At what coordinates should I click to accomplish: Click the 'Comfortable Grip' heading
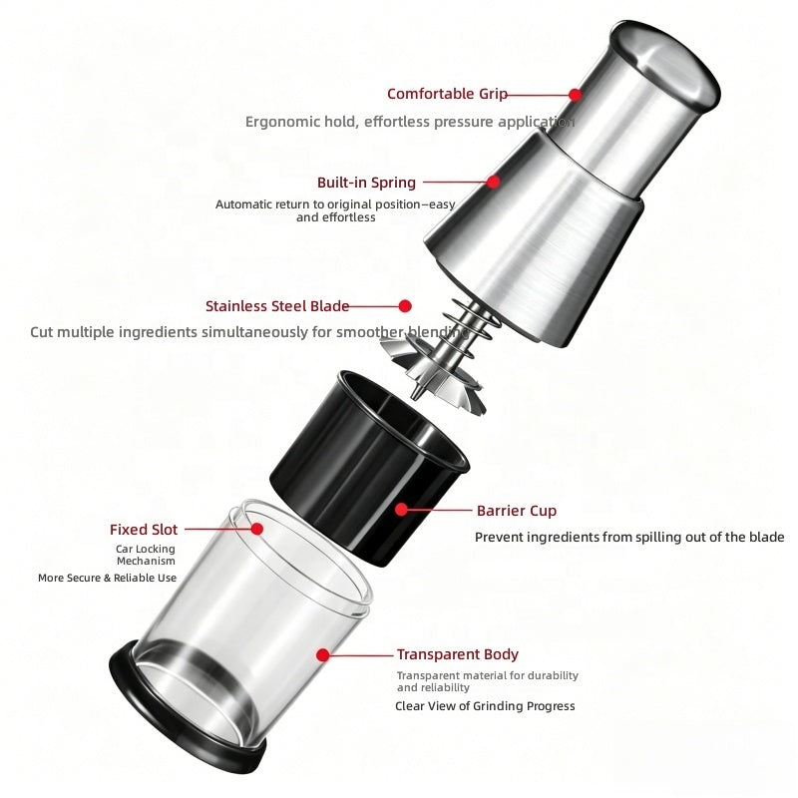447,94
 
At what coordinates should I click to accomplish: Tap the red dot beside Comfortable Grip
576,95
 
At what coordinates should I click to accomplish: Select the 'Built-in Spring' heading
366,183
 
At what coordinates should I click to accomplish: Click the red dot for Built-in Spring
493,182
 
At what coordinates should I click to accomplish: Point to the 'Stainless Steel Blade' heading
277,306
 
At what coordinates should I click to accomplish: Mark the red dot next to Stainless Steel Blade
405,306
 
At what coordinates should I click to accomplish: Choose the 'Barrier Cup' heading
517,511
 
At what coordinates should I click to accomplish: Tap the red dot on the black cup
402,510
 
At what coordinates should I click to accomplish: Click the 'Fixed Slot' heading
144,530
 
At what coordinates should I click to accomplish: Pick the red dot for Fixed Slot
257,529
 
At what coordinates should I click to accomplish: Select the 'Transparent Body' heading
458,654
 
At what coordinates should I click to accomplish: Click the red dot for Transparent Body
322,655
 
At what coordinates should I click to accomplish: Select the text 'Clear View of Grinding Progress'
485,706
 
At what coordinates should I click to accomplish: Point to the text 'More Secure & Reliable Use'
108,578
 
